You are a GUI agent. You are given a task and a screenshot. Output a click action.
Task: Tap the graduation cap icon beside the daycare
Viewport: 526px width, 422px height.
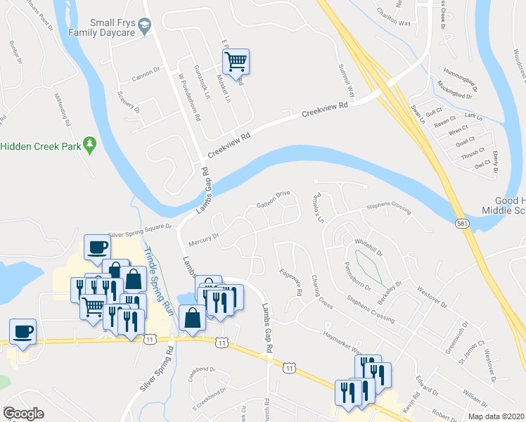[146, 26]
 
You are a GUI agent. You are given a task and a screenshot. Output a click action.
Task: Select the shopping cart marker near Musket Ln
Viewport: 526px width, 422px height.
[237, 62]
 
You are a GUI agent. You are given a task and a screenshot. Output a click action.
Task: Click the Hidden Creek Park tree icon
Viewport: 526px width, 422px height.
[89, 145]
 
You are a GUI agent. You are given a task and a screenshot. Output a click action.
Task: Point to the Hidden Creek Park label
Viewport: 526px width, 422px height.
[38, 146]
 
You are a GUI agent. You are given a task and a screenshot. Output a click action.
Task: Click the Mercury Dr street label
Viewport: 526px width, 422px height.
[204, 240]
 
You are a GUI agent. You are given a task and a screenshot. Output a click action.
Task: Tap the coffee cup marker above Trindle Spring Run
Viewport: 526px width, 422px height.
[96, 247]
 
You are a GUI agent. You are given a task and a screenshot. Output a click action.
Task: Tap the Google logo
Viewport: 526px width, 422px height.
[23, 414]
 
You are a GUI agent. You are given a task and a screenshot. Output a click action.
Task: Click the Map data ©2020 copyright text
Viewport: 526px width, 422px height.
[495, 416]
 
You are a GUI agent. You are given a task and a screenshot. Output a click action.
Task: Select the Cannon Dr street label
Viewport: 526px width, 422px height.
[147, 70]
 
